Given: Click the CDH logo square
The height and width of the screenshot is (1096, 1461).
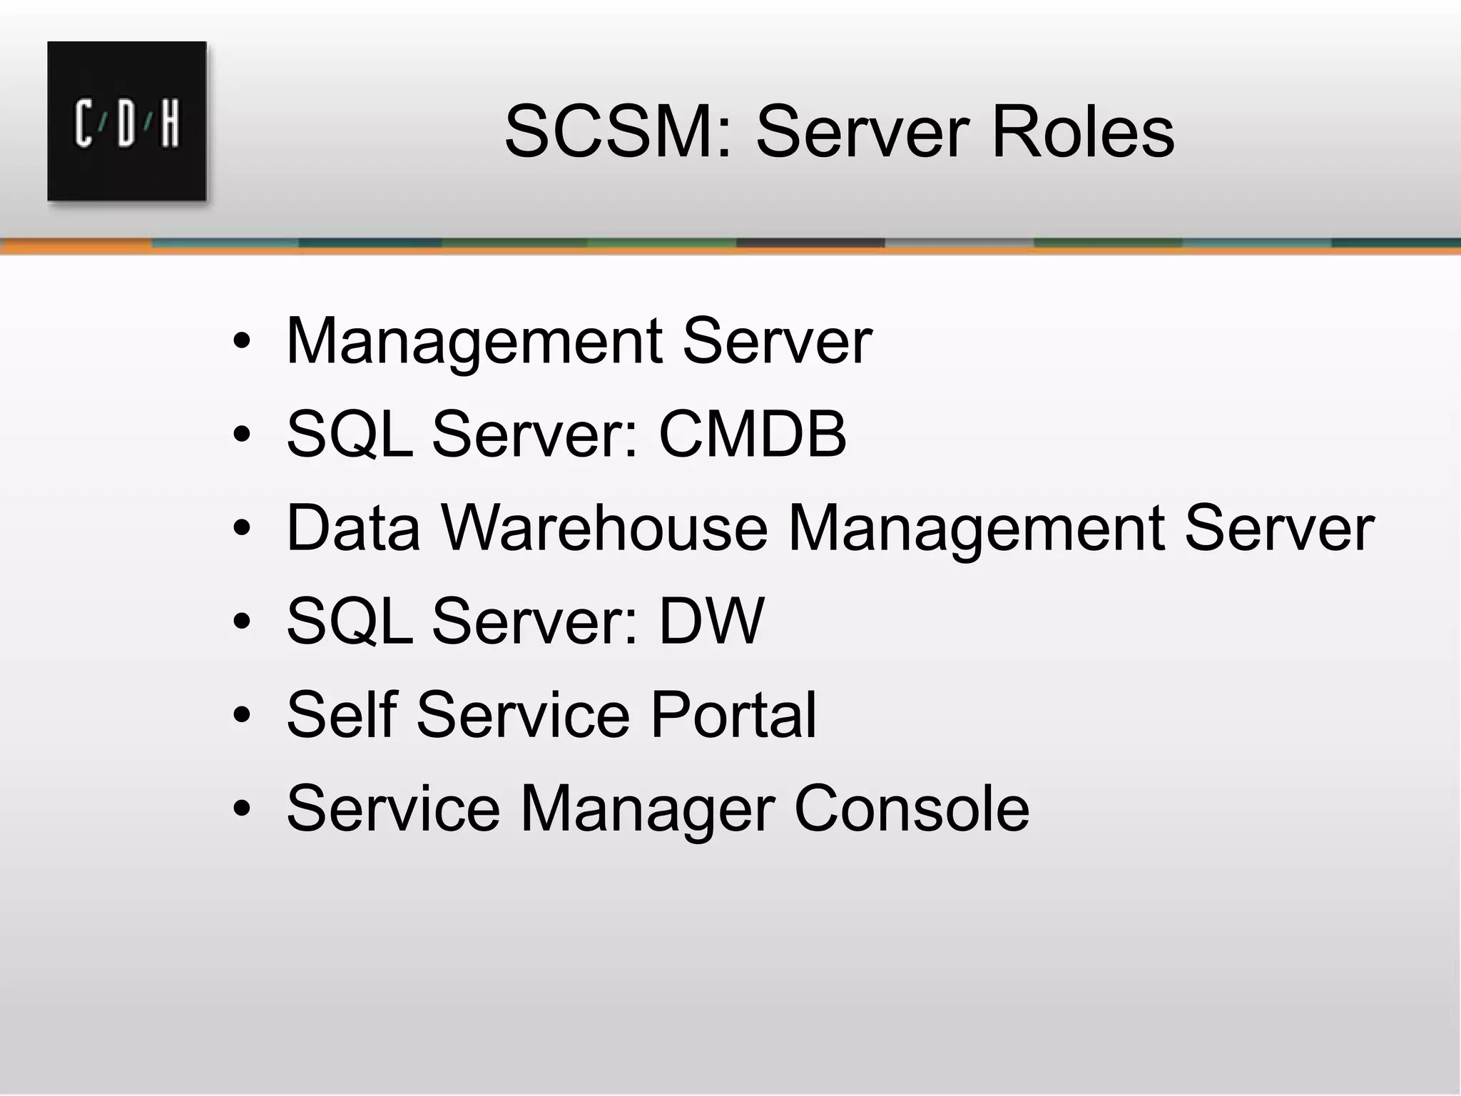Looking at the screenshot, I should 127,121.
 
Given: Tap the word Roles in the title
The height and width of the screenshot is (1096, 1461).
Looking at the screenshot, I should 1082,133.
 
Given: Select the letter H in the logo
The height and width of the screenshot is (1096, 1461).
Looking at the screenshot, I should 170,123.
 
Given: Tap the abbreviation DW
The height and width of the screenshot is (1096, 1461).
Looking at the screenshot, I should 711,621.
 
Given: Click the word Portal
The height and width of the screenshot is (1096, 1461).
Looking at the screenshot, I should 733,715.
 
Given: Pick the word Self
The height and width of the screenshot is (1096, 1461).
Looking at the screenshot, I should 341,715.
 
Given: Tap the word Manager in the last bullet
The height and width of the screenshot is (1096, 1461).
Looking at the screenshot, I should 646,810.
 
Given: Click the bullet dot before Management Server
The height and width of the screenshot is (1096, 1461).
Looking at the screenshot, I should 242,342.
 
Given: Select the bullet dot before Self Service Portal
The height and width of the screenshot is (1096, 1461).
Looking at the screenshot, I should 242,716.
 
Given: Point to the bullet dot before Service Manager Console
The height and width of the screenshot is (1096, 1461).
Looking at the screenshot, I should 242,809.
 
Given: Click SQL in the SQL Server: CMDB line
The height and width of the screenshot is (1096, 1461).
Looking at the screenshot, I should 350,435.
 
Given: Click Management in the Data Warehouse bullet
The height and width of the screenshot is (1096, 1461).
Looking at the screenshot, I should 976,529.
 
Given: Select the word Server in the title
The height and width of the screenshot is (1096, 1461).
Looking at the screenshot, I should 862,133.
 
